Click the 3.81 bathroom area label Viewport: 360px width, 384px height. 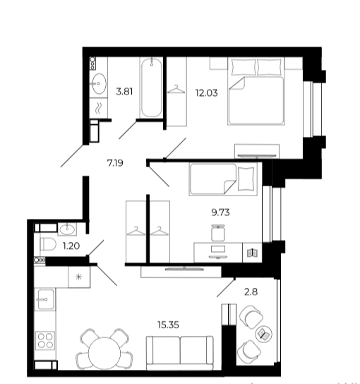tap(124, 92)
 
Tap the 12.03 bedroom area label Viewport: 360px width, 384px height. tap(206, 93)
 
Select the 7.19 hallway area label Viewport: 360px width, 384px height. tap(115, 163)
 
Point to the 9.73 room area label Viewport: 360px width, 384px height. tap(220, 212)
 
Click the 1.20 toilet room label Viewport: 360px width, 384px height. tap(71, 246)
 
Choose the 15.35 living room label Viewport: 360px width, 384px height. tap(168, 325)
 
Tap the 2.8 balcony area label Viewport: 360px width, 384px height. tap(251, 292)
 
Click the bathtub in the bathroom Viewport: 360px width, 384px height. tap(151, 88)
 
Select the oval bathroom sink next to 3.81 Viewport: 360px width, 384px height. tap(100, 84)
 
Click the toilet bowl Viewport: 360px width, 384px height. tap(48, 244)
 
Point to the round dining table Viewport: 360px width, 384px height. tap(104, 353)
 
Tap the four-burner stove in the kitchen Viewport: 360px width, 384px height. tap(45, 341)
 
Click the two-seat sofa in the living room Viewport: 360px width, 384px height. tap(180, 353)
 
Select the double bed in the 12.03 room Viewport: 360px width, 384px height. tap(256, 91)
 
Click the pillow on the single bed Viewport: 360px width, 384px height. tap(246, 179)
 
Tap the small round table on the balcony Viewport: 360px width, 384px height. tap(264, 334)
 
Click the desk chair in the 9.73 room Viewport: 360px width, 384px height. tap(218, 233)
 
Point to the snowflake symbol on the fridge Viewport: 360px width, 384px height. tap(78, 277)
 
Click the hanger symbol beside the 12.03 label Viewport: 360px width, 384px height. tap(176, 90)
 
